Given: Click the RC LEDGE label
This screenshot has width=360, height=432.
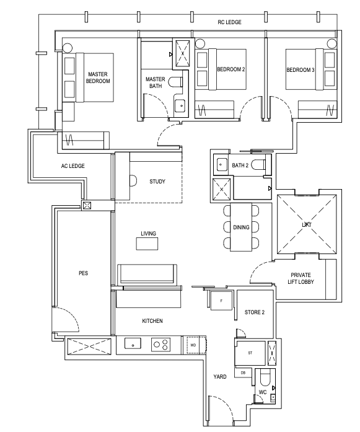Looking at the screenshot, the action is coord(229,22).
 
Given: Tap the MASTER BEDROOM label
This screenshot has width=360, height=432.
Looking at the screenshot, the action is coord(98,77).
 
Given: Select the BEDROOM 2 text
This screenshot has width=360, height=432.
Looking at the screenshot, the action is coord(231,69).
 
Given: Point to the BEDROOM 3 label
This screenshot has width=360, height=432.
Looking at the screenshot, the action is coord(301,70).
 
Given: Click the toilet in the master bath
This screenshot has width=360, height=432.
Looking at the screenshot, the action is coord(175,82).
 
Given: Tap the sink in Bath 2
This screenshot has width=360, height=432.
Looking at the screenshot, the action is coord(221,165).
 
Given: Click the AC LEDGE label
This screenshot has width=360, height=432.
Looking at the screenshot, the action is coord(72,166).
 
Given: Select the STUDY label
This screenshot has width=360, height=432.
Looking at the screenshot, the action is coord(157,181).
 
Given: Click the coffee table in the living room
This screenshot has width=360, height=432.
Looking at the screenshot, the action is coord(147,244).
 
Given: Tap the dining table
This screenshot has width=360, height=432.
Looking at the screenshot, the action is coord(241,227).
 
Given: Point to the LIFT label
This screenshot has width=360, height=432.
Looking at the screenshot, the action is coord(307,225).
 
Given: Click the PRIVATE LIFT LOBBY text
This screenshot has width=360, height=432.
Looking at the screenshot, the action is coord(301,278).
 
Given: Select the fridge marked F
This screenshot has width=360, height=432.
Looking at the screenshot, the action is coord(221,301).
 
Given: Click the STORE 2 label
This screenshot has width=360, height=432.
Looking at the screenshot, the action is coord(255,312).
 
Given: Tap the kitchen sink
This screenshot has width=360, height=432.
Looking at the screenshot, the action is coord(133,344).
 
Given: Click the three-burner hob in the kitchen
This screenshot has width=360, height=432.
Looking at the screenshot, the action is coord(160,345).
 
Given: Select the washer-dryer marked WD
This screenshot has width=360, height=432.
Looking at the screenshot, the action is coord(193,345).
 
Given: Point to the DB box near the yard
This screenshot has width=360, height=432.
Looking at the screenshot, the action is coord(243,372).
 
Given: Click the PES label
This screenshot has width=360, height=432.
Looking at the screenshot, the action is coord(84,273).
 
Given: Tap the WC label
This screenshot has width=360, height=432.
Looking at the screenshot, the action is coord(263,392).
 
